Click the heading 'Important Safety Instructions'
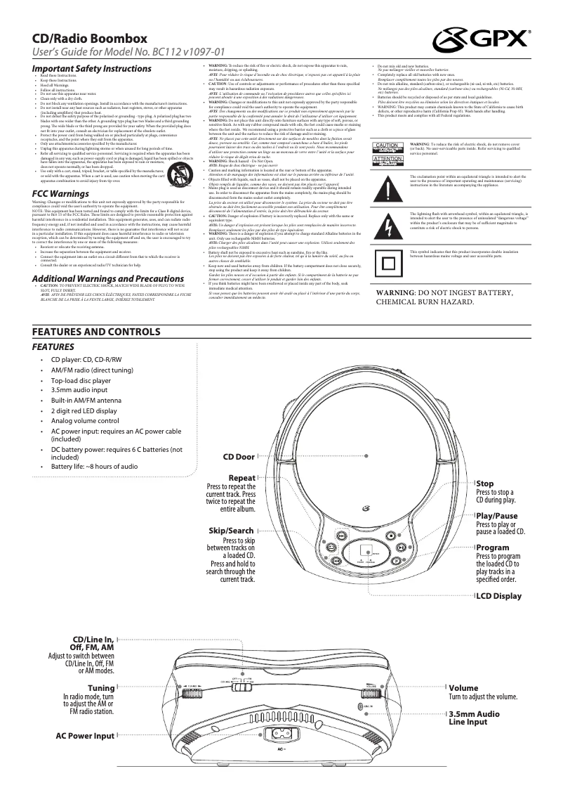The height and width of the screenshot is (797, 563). click(x=92, y=69)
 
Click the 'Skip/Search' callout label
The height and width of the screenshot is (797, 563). click(x=231, y=530)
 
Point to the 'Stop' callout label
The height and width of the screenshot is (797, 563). click(x=485, y=484)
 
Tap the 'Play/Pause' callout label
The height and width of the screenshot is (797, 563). click(x=496, y=515)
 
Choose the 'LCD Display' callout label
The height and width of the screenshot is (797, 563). click(x=498, y=596)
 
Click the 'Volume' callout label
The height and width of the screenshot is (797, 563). click(x=463, y=687)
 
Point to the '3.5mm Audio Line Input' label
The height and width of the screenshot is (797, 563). click(x=474, y=718)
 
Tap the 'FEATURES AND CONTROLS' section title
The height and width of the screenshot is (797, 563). click(x=96, y=332)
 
